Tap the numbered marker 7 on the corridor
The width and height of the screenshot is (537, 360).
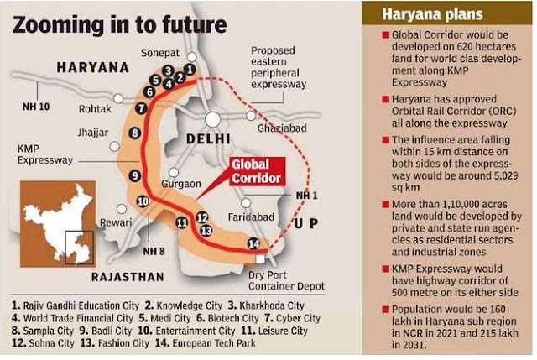[x=141, y=108]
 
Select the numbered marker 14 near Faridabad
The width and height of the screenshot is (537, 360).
[x=253, y=243]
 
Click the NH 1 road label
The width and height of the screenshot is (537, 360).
[x=306, y=196]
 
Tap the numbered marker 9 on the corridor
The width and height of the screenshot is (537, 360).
[x=134, y=175]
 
